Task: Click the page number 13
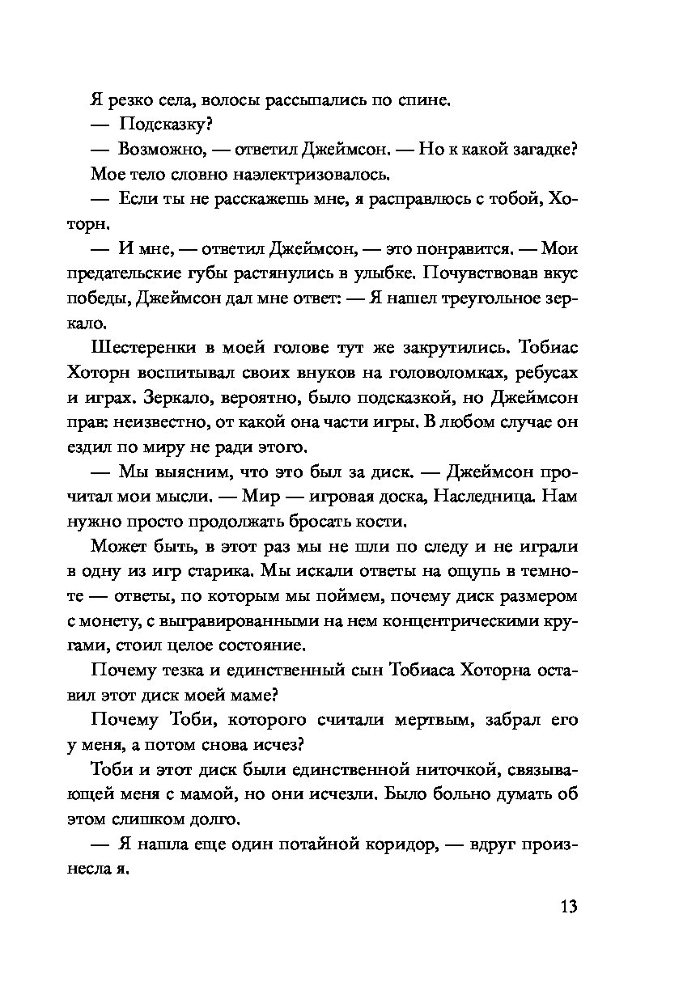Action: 567,905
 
